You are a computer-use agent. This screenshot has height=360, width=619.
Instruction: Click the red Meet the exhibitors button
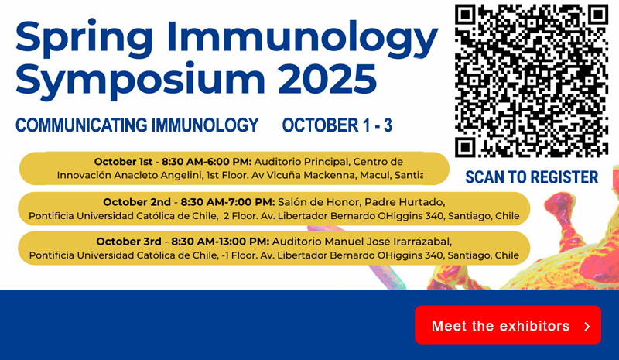[x=508, y=324]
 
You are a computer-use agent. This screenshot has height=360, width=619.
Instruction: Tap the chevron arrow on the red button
[x=587, y=327]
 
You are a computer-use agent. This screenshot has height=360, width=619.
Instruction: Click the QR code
[x=532, y=81]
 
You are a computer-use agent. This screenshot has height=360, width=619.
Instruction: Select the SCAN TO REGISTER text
[x=532, y=177]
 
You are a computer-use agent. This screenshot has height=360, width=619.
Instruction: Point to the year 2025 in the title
[x=327, y=78]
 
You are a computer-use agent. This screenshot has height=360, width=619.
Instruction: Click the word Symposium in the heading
[x=140, y=81]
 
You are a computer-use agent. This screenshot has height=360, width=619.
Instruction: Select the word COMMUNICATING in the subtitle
[x=81, y=125]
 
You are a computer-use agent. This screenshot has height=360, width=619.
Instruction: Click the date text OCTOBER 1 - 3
[x=337, y=125]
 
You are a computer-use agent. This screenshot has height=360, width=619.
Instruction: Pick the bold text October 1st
[x=123, y=162]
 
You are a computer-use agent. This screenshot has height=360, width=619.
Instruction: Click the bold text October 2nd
[x=137, y=202]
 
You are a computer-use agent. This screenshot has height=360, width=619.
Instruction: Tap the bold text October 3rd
[x=128, y=241]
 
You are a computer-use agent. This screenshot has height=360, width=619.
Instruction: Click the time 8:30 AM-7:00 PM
[x=227, y=202]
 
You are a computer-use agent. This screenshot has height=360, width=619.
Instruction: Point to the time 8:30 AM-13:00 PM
[x=221, y=241]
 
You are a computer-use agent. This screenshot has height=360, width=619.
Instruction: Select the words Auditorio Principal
[x=302, y=162]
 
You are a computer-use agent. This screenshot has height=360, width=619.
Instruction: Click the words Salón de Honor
[x=318, y=202]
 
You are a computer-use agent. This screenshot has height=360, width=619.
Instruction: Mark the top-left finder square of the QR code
[x=466, y=15]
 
